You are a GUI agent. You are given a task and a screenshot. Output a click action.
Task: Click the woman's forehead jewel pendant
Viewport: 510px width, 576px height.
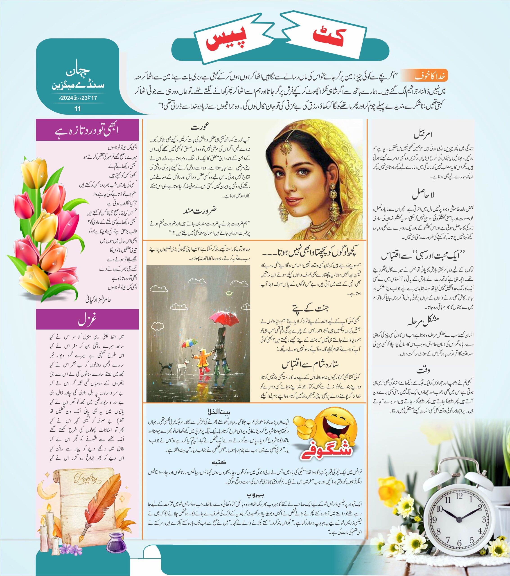pyautogui.click(x=287, y=146)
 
